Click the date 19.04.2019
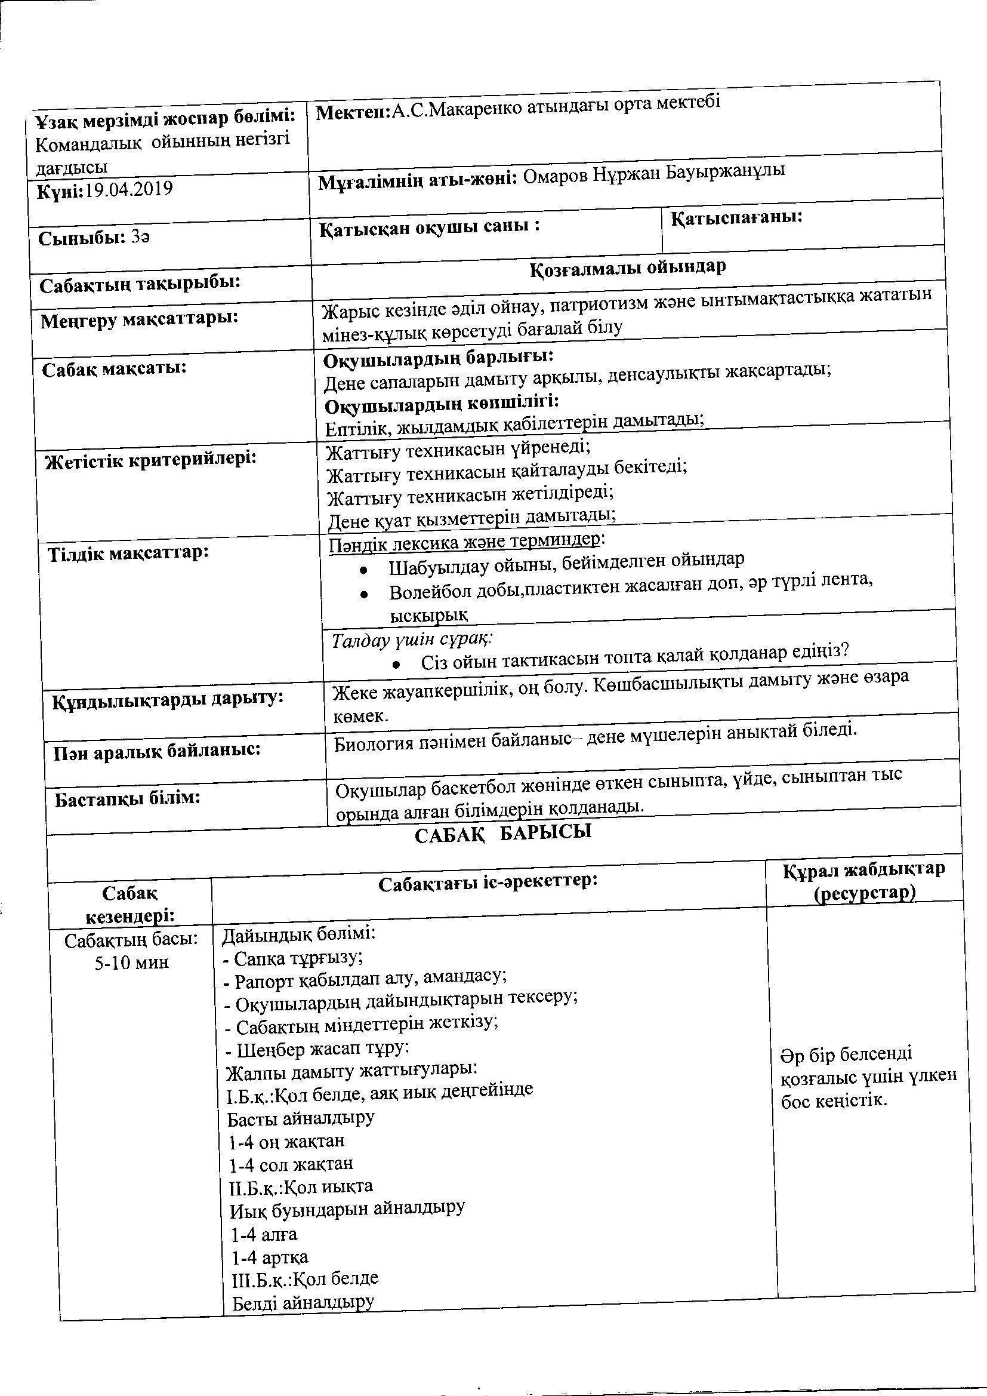pos(128,189)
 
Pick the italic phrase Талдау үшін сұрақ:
pos(412,639)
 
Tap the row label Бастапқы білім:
pos(128,798)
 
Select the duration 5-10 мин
pos(131,962)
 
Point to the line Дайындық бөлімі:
pos(298,933)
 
